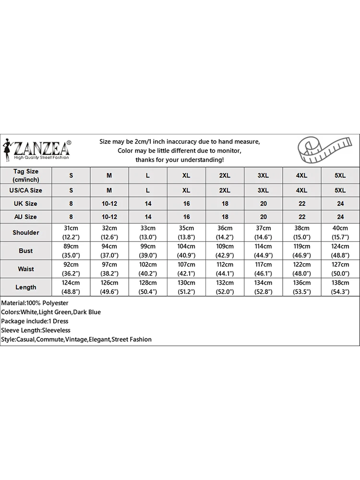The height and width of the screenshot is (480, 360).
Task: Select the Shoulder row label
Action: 26,233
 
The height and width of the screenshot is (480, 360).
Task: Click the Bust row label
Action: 26,251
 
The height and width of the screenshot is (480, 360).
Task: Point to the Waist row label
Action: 26,269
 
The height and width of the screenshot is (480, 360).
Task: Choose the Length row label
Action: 26,287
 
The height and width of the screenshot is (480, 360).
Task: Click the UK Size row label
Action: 26,204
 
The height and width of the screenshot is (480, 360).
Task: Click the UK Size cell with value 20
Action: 263,204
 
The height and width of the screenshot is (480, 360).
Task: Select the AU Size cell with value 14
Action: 148,217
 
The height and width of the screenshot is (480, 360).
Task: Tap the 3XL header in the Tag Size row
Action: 263,176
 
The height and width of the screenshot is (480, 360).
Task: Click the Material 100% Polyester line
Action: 35,303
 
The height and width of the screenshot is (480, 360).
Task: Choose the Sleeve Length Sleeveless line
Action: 36,330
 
